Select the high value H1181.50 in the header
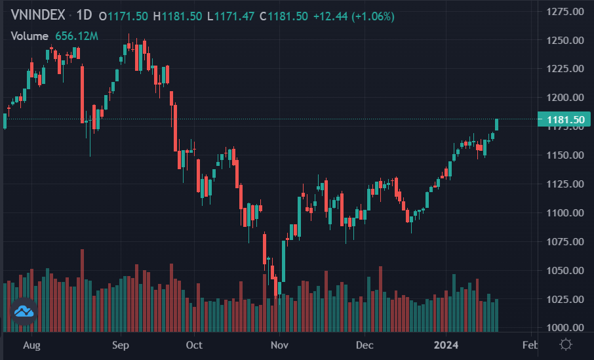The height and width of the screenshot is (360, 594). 177,16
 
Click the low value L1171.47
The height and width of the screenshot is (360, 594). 230,16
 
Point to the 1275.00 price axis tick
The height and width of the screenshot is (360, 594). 565,11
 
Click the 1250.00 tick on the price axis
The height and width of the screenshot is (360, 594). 565,40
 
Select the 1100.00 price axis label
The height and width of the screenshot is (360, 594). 565,212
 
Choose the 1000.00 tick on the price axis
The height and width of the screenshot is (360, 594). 565,327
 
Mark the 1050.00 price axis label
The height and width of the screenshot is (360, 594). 565,270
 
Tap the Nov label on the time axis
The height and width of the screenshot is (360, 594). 280,344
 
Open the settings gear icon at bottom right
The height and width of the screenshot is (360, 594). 566,344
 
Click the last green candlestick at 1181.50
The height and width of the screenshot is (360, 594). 497,125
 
